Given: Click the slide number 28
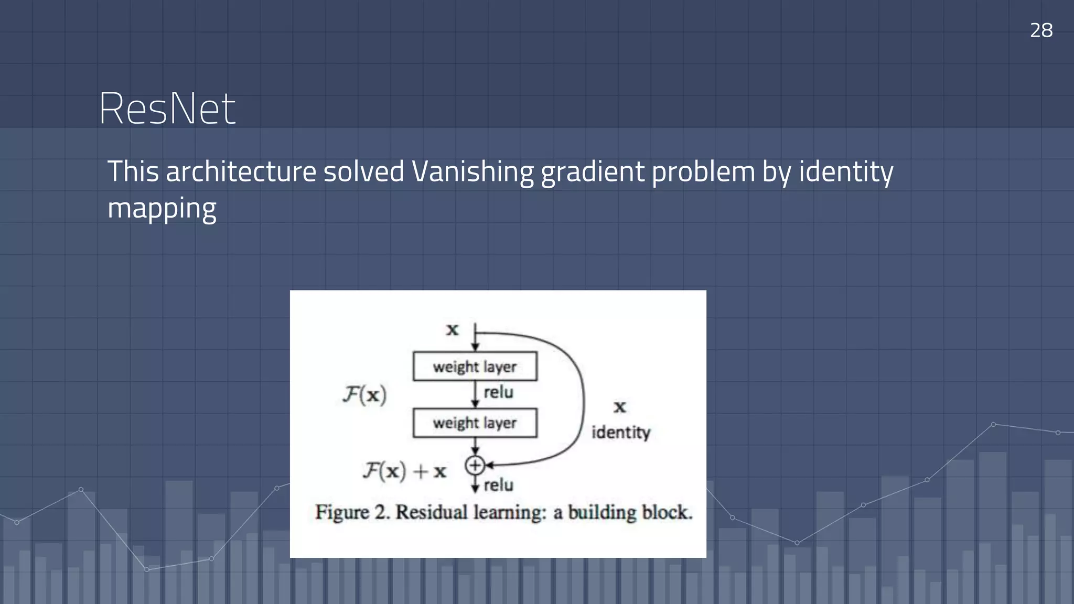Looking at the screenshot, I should point(1041,30).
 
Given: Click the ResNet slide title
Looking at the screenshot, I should point(167,109).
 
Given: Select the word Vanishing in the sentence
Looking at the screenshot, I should point(472,171).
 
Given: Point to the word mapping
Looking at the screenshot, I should point(162,209).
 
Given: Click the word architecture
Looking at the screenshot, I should point(241,171).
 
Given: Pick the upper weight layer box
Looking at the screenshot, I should point(475,366).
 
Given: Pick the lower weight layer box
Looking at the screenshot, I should point(475,423).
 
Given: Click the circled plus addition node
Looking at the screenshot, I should point(475,465).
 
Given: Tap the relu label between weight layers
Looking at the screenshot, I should point(498,392).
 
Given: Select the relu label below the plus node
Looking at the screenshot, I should point(498,485).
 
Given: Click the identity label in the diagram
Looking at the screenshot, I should point(621,433).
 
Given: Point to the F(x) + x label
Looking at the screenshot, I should point(404,471).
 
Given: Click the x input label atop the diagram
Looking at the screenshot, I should point(452,330).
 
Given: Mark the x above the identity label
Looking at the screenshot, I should point(620,407).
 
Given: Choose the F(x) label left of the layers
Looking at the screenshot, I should point(364,394).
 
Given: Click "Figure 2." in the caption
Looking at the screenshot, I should point(352,512).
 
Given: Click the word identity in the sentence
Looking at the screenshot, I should point(846,171).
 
